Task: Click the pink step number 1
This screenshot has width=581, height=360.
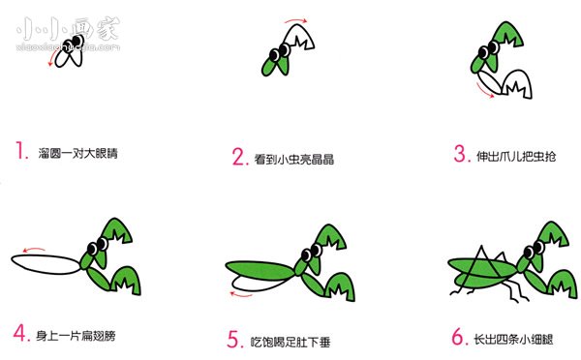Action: pos(21,151)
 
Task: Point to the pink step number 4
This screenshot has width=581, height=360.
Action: pos(21,336)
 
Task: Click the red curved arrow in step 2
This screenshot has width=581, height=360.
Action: pos(294,19)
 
